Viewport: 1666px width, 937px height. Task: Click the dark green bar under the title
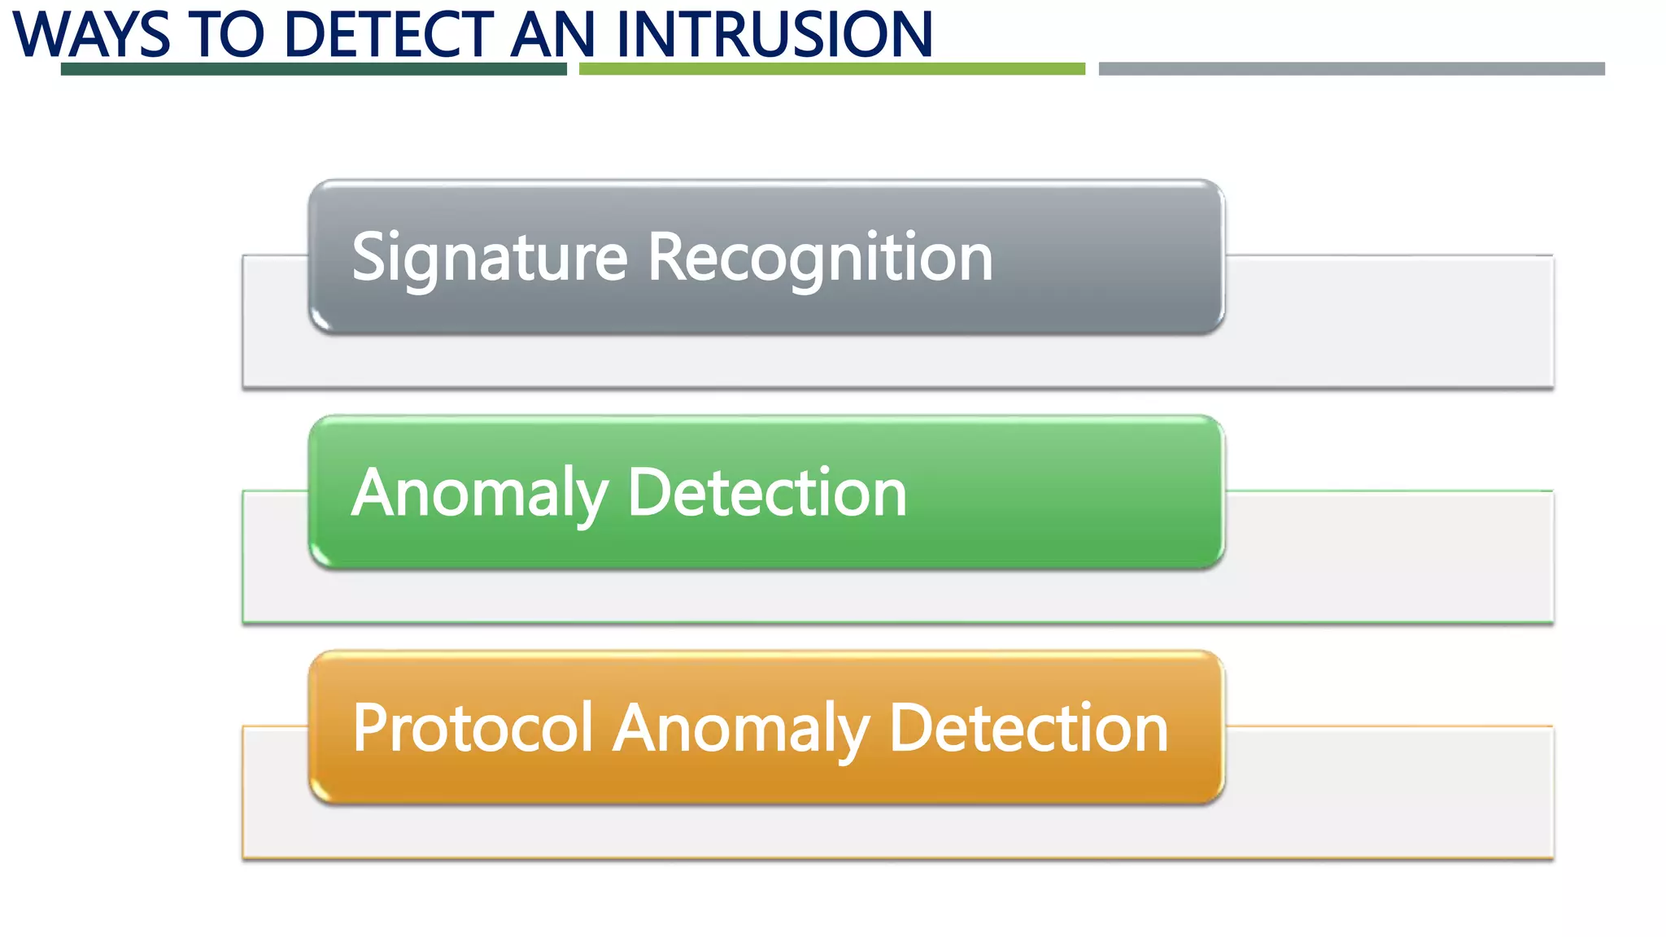(313, 69)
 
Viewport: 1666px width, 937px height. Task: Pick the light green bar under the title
(831, 69)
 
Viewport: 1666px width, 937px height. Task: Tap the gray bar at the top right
(1351, 69)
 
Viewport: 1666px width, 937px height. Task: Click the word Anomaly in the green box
(480, 494)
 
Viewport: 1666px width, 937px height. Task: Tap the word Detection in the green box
(767, 494)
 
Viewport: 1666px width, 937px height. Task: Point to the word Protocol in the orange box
(473, 729)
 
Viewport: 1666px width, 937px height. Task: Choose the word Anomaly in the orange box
(741, 729)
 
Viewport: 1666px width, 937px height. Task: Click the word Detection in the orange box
(1028, 729)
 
